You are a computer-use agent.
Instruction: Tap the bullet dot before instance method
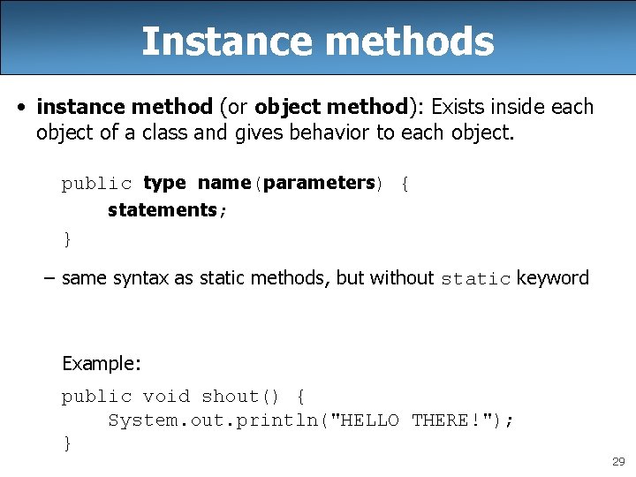[19, 108]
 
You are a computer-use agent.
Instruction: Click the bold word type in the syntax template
[164, 183]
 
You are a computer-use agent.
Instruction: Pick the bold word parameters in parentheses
[319, 183]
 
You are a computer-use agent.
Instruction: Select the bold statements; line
[167, 209]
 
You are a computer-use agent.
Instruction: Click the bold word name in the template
[224, 183]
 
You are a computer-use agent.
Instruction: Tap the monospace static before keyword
[475, 279]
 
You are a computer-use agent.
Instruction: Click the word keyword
[553, 278]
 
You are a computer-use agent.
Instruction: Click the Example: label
[102, 363]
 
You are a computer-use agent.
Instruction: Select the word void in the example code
[166, 397]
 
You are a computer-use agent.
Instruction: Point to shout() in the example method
[235, 397]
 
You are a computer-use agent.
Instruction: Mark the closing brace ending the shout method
[67, 443]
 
